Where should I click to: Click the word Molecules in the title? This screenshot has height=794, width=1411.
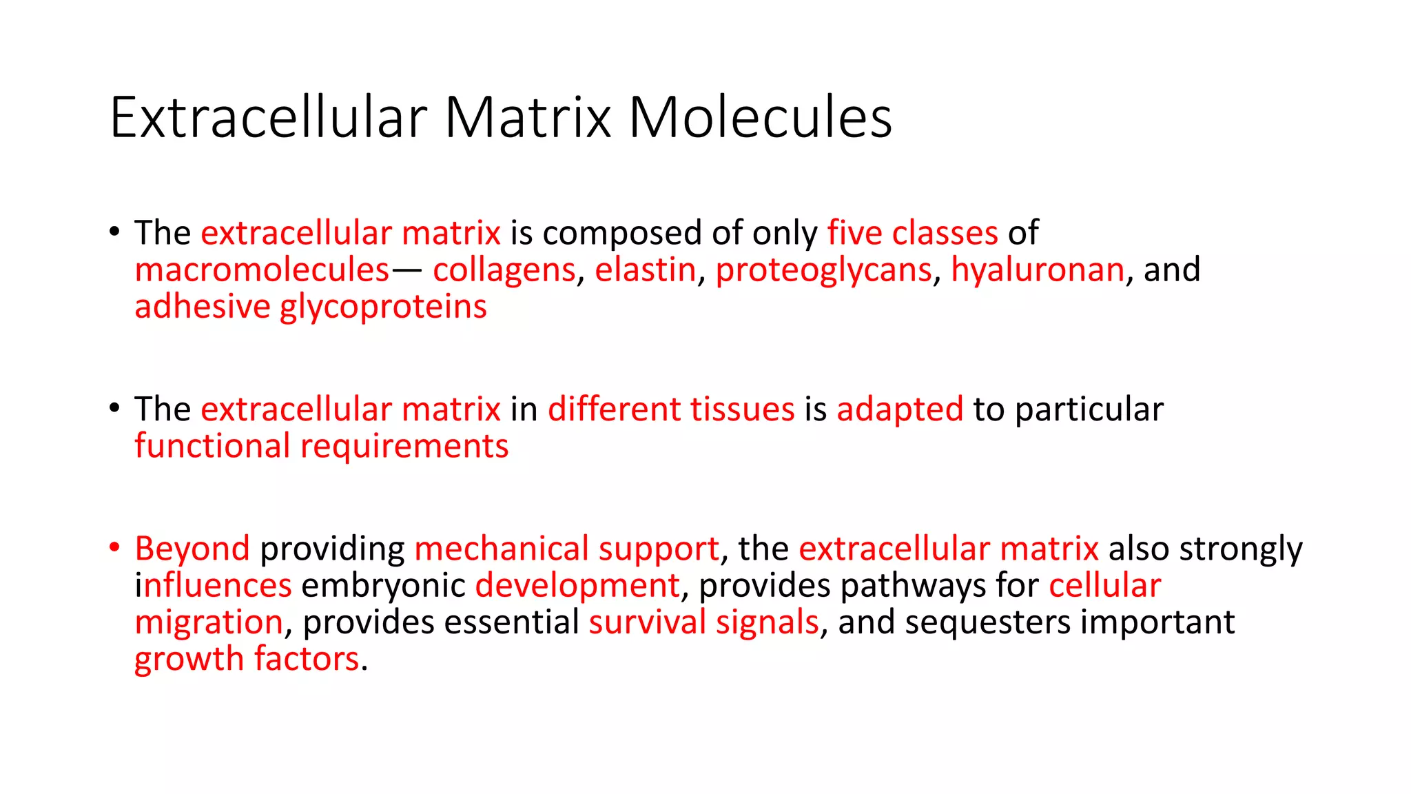[760, 118]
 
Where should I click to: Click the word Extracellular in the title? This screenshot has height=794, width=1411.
[269, 118]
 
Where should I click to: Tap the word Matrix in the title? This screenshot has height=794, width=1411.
[528, 118]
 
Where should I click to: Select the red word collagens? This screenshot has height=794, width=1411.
[504, 270]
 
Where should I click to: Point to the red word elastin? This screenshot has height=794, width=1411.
[645, 269]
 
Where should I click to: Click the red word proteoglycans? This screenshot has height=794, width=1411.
[823, 270]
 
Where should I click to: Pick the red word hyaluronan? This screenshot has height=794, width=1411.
[1038, 269]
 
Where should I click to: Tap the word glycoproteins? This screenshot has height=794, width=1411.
[383, 307]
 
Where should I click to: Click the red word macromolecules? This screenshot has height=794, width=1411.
[262, 269]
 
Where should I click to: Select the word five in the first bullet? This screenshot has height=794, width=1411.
[854, 233]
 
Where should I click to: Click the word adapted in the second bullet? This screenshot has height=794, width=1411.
[900, 410]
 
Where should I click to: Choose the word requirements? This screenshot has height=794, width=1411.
[404, 447]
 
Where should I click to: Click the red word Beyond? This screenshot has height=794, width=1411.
[192, 549]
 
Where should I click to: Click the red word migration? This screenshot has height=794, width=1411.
[209, 623]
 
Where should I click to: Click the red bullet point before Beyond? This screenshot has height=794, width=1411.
[114, 549]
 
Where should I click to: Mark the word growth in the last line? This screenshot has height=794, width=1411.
[189, 660]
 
